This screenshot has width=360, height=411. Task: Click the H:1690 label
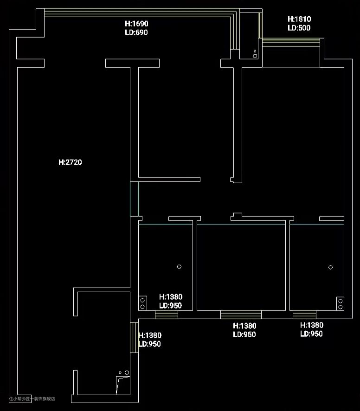tap(136, 24)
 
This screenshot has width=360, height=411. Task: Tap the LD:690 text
tap(136, 32)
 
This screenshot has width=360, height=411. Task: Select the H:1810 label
tap(299, 19)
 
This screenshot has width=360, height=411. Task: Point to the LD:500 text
tap(299, 28)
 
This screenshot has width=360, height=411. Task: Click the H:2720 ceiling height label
tap(70, 162)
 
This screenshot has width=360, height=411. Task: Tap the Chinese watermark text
tap(32, 398)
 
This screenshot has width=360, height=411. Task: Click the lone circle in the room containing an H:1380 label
tap(179, 267)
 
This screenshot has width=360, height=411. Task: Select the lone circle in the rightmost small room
tap(330, 267)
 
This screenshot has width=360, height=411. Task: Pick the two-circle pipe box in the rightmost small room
tap(340, 303)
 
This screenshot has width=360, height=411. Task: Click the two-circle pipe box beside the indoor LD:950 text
tap(142, 303)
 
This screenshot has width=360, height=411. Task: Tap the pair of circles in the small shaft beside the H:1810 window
tap(255, 54)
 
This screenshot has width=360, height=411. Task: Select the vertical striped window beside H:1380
tap(134, 338)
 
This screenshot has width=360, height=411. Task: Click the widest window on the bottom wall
tap(241, 315)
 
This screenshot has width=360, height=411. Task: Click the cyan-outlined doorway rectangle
tap(134, 199)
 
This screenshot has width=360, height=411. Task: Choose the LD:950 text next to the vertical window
tap(149, 344)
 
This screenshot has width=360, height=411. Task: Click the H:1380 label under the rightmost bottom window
tap(311, 325)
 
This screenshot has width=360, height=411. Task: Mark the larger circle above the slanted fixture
tap(127, 372)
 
